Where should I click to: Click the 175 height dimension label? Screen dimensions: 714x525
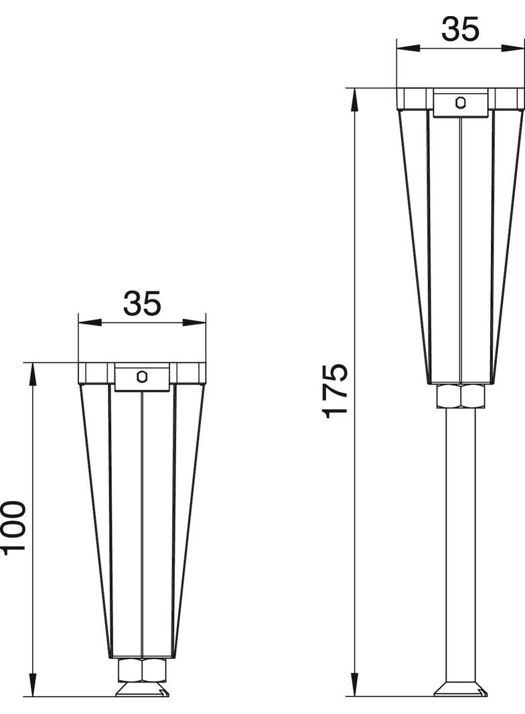(335, 390)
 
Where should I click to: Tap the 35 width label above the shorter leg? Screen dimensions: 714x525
(142, 303)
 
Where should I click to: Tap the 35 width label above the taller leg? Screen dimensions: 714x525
(461, 29)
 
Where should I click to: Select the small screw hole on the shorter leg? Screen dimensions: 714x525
(142, 376)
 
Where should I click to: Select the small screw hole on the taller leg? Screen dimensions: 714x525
(461, 102)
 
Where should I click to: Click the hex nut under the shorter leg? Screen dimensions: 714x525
(142, 670)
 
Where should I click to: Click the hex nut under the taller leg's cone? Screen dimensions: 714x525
(461, 396)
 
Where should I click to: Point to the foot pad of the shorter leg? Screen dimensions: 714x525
(142, 690)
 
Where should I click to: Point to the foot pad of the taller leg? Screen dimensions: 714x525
(461, 689)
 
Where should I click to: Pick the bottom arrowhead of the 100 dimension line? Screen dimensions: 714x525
(32, 686)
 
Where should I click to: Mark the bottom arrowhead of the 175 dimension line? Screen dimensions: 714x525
(355, 685)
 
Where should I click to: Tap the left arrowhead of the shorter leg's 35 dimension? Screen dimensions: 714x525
(89, 322)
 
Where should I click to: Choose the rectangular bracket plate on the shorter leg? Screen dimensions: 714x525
(142, 379)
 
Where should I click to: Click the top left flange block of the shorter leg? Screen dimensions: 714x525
(92, 373)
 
